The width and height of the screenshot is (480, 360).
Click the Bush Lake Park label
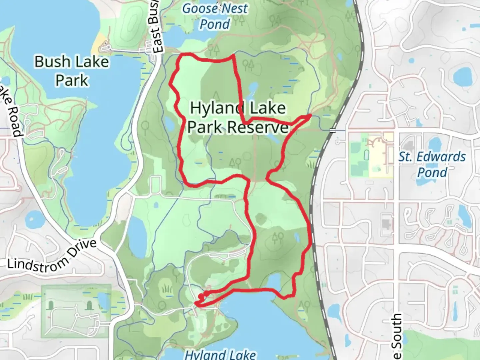72,71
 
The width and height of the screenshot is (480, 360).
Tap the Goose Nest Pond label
215,16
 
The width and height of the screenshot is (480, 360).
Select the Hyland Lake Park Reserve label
238,117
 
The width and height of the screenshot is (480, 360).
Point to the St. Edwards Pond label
432,164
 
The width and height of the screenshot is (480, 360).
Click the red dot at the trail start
201,296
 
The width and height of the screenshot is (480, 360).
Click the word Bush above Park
53,62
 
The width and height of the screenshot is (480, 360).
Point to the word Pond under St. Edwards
432,172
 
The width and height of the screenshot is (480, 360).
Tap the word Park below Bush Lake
72,80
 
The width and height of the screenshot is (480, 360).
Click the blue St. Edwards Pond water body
462,76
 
